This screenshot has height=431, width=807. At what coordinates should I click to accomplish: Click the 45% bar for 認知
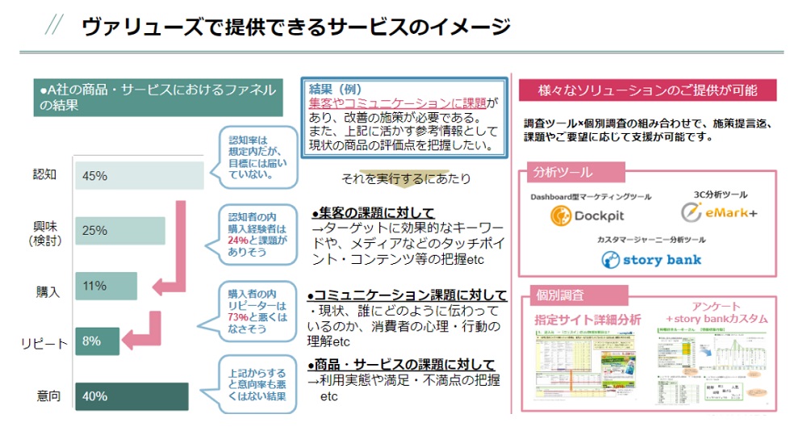139,176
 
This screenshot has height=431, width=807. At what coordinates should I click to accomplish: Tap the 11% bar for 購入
106,286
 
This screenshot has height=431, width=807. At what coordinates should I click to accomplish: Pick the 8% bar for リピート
97,341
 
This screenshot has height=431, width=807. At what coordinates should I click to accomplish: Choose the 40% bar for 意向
131,396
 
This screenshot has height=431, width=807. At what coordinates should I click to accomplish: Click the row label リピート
45,344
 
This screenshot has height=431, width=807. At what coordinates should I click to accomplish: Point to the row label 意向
48,396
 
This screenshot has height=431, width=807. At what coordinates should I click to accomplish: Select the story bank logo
651,260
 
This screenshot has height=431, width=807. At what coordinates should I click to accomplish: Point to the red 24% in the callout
238,240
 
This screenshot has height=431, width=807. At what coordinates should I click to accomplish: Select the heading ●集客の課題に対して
373,213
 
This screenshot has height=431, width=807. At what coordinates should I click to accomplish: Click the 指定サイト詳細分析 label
587,320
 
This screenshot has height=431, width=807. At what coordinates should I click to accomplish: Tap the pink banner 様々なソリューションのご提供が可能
647,90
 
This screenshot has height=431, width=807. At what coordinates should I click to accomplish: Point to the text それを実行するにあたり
405,178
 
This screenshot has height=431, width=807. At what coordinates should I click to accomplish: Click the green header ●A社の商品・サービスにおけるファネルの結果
158,97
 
